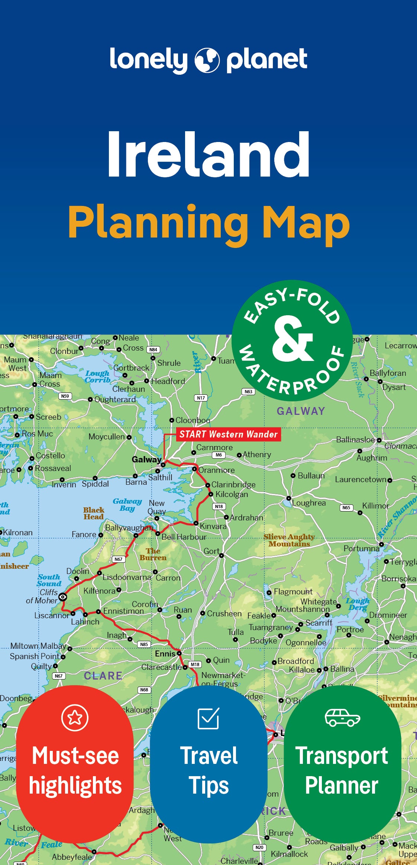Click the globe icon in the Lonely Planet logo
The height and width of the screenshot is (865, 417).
(x=207, y=60)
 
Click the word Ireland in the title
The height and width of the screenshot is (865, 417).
(x=208, y=155)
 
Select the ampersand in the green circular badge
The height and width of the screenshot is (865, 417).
(x=292, y=339)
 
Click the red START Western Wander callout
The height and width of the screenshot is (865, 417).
(x=228, y=434)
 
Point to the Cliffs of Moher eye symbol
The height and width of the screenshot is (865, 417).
(x=63, y=597)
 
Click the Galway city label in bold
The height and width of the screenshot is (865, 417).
(x=146, y=459)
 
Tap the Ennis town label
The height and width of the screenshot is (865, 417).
(x=165, y=653)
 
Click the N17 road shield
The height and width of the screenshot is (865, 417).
(x=201, y=398)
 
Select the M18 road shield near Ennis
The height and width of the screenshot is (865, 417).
(x=195, y=664)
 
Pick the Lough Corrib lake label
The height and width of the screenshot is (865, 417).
(x=97, y=376)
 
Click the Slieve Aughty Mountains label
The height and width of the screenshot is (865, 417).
(x=289, y=540)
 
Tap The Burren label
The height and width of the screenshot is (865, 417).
(x=153, y=554)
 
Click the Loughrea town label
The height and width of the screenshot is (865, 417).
(x=308, y=503)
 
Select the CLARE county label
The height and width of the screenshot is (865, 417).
(x=103, y=676)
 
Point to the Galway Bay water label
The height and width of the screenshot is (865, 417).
(x=127, y=505)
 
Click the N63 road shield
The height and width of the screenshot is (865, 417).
(x=248, y=391)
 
